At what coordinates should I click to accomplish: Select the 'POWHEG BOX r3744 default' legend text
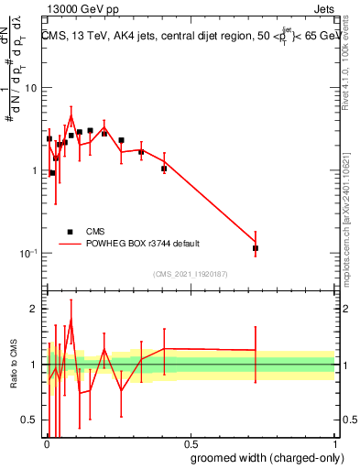[143, 244]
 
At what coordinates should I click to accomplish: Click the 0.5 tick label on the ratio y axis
[30, 420]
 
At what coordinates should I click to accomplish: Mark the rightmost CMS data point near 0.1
[256, 248]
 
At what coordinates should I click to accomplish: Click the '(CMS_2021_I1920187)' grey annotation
[190, 274]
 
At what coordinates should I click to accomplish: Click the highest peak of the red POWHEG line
[71, 115]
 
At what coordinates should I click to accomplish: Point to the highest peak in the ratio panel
[71, 321]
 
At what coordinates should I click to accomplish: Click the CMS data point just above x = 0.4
[164, 169]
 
